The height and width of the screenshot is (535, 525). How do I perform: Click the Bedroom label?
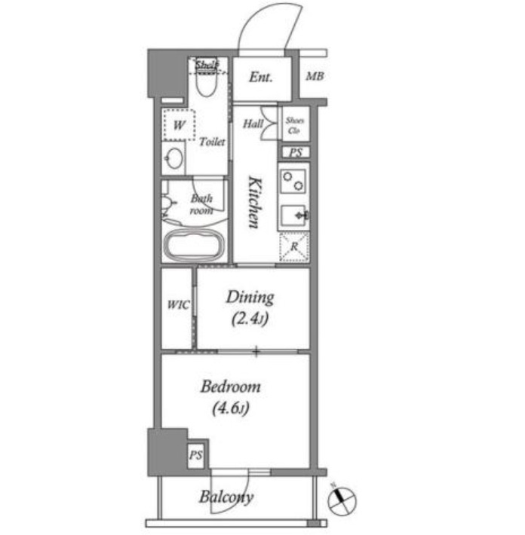click(231, 387)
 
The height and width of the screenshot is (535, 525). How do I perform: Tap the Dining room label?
click(250, 298)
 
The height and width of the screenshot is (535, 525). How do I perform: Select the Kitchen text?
click(255, 202)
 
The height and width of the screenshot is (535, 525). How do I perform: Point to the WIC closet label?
click(178, 304)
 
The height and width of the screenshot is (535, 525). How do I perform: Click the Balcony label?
click(226, 497)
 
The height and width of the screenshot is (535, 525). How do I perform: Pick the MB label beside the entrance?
click(315, 76)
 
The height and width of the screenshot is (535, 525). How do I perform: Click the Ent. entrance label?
click(261, 77)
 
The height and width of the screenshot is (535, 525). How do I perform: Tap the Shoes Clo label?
click(295, 125)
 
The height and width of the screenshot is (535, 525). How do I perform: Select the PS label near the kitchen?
click(296, 152)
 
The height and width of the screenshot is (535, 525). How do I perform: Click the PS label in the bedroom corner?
click(195, 455)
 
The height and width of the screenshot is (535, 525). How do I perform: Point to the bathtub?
click(194, 244)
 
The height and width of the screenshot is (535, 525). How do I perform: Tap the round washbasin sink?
click(174, 158)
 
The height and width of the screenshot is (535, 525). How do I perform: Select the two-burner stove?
click(293, 181)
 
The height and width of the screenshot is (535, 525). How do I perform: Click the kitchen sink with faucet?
click(293, 216)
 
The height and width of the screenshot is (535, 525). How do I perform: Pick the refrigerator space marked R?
click(294, 246)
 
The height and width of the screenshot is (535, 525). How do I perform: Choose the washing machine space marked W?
click(180, 125)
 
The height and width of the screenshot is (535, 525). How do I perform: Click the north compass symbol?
click(342, 501)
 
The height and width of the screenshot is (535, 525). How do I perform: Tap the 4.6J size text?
click(231, 408)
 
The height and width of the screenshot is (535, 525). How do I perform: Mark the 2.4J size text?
click(250, 319)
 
